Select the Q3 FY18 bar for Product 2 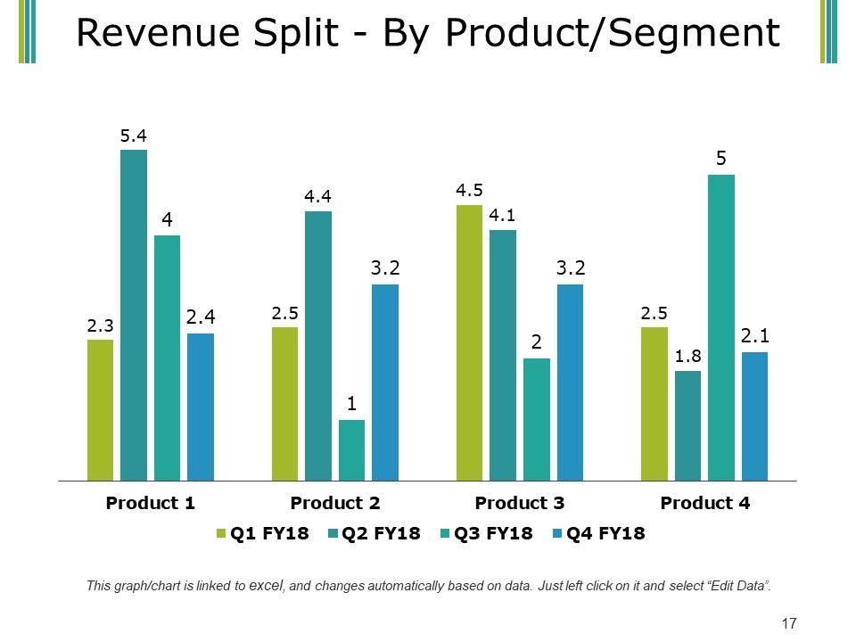click(351, 450)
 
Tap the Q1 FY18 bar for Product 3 click(469, 343)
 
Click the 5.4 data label click(134, 136)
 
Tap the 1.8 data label click(687, 356)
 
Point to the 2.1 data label click(754, 335)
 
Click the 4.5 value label click(469, 189)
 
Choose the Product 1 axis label click(151, 503)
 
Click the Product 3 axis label click(520, 503)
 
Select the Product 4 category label click(705, 503)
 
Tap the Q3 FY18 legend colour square click(444, 534)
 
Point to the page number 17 click(788, 623)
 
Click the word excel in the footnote click(267, 586)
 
